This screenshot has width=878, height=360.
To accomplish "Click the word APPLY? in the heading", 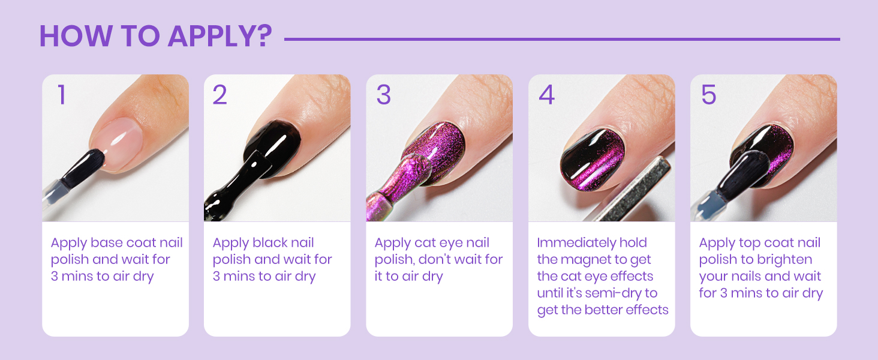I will pos(220,37).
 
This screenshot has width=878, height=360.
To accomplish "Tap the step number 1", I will pos(61,95).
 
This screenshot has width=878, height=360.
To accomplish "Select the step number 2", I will pos(220,95).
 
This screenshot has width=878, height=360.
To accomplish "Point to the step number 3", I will pos(383,95).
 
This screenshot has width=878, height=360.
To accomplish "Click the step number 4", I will pos(546,95).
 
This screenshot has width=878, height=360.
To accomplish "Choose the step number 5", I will pos(708,95).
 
